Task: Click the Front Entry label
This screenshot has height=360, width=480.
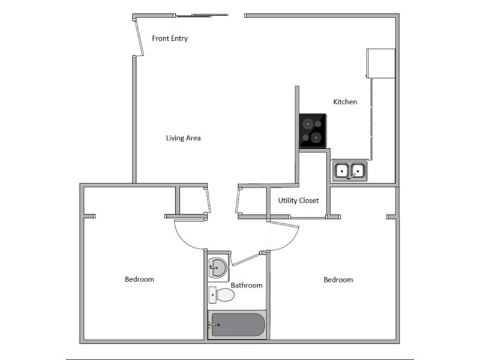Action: coord(170,38)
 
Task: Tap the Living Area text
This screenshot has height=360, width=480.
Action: coord(183,138)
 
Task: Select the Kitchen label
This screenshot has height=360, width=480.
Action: coord(345,102)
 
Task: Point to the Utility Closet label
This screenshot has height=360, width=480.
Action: coord(298,200)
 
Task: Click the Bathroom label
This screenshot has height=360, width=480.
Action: coord(247,286)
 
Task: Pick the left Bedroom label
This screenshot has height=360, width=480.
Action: coord(139,279)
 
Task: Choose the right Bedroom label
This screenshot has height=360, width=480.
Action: coord(338,280)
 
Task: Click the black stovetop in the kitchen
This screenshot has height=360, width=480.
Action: coord(313,131)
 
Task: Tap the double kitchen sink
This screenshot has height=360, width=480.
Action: coord(350,171)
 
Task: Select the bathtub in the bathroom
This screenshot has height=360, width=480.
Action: coord(236,325)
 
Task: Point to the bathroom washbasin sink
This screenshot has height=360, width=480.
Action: coord(217,267)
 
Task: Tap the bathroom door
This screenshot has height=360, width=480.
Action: coord(247,258)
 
